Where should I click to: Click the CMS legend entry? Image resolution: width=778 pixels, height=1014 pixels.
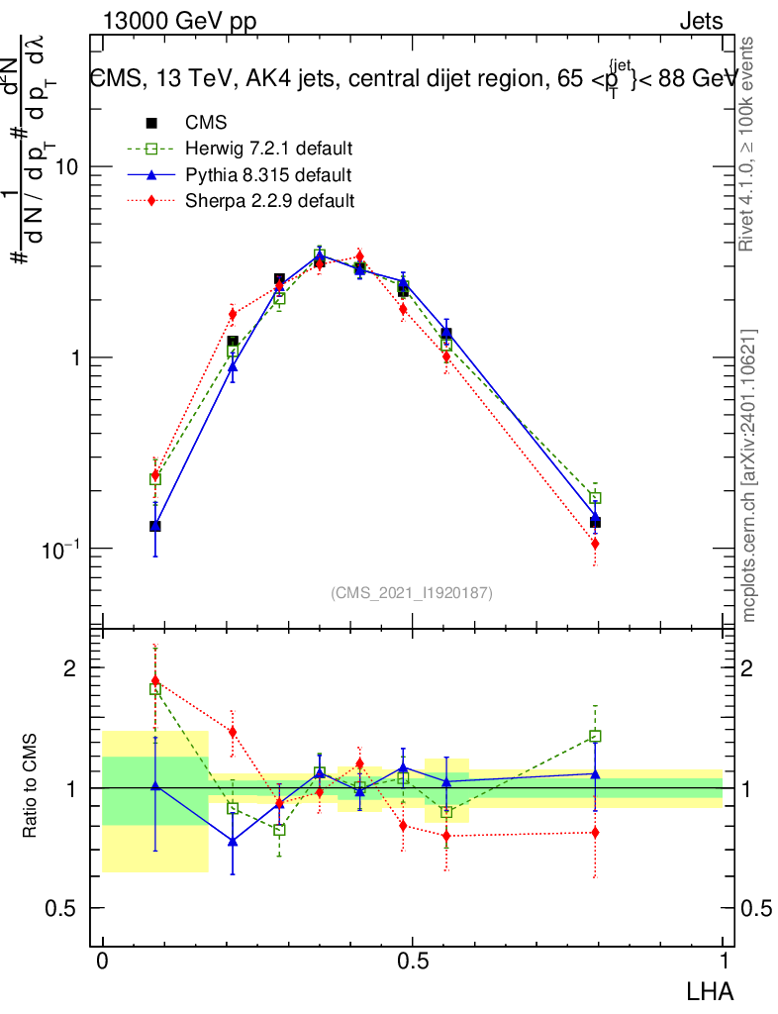coord(206,123)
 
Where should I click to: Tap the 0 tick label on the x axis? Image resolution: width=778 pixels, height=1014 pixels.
coord(102,962)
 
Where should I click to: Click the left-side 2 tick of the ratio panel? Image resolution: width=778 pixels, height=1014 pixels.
coord(70,668)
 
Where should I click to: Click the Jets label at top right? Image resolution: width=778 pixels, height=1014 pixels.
coord(701,21)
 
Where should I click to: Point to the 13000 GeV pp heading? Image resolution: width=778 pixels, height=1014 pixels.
coord(173,21)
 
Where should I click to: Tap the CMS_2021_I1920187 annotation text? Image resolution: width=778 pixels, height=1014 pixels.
coord(412,592)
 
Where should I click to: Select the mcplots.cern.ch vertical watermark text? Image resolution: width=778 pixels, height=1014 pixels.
coord(749,475)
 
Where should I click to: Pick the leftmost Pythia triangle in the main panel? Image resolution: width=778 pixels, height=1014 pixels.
coord(155,526)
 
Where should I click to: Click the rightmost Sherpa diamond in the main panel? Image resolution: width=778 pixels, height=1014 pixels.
coord(595,544)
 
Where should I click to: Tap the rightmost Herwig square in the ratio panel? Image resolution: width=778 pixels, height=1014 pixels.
coord(595,736)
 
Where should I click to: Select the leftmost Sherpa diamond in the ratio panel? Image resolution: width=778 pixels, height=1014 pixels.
coord(155,680)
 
